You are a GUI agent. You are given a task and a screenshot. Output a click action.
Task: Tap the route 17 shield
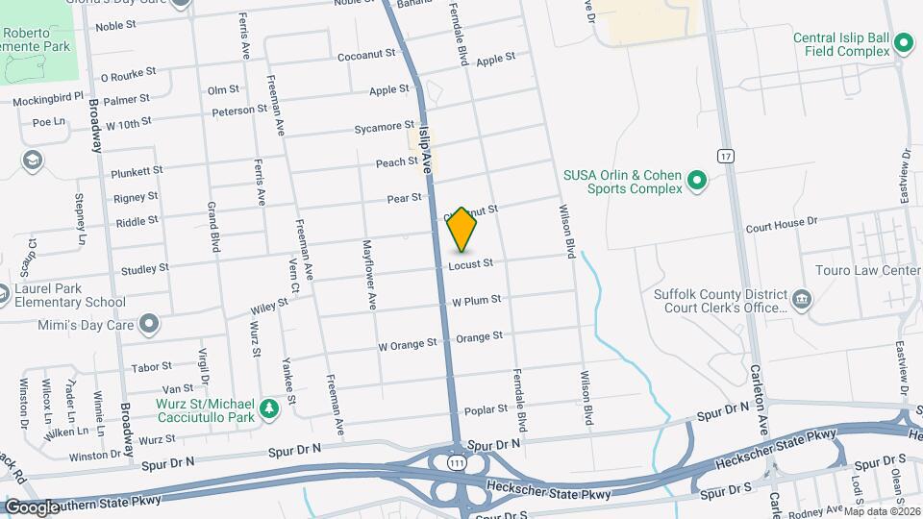pos(725,156)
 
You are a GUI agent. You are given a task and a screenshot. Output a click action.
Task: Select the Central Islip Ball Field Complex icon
pos(902,43)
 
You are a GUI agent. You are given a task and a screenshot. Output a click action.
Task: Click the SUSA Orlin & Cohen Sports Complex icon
pos(697,180)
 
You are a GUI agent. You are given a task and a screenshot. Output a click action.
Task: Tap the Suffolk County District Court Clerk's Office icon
pos(800,301)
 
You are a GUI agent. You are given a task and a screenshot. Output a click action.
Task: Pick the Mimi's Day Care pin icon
pos(148,324)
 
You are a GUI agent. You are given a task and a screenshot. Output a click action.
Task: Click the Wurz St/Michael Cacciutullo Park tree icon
pos(271,408)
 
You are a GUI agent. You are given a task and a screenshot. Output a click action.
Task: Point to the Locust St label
pos(471,263)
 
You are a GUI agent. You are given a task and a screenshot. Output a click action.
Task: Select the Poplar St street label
pos(486,410)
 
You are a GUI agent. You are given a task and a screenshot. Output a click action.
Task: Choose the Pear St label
pos(404,198)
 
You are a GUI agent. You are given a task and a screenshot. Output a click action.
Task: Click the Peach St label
pos(396,163)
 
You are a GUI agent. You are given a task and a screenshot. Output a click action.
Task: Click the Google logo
pos(32,507)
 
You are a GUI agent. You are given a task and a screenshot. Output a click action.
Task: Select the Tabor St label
pos(152,366)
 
